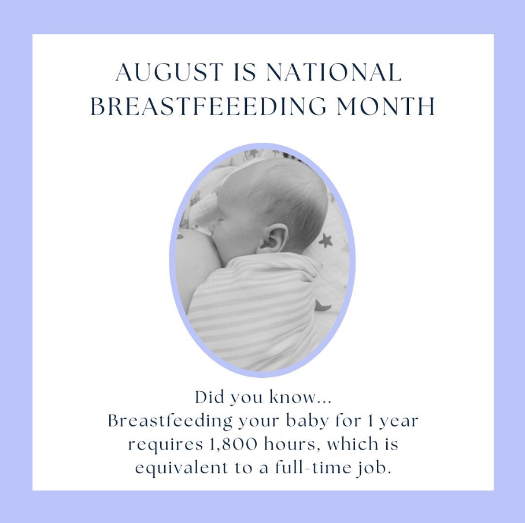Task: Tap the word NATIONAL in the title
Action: [334, 73]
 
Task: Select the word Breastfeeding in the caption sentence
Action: [171, 421]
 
